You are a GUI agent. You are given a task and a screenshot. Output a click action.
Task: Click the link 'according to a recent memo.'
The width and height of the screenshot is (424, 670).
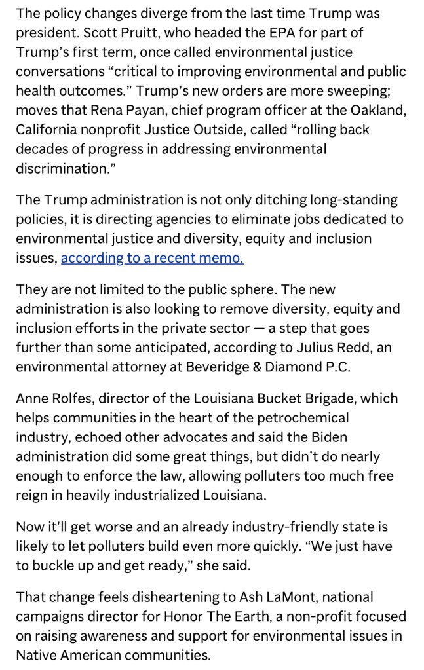[152, 258]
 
